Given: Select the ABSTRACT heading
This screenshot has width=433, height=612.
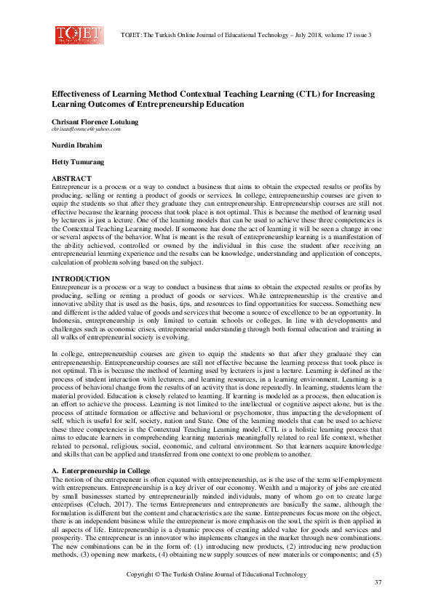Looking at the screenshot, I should pos(71,178).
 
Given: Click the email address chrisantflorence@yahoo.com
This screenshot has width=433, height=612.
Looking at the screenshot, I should pos(86,129).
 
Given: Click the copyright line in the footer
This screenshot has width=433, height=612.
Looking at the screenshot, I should pos(215,574).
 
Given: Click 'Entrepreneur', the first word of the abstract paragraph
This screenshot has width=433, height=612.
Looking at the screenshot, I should pos(71,187).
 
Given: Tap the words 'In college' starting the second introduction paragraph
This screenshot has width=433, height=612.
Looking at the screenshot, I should pos(65,354).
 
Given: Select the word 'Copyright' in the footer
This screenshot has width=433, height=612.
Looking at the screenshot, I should pos(143,574).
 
